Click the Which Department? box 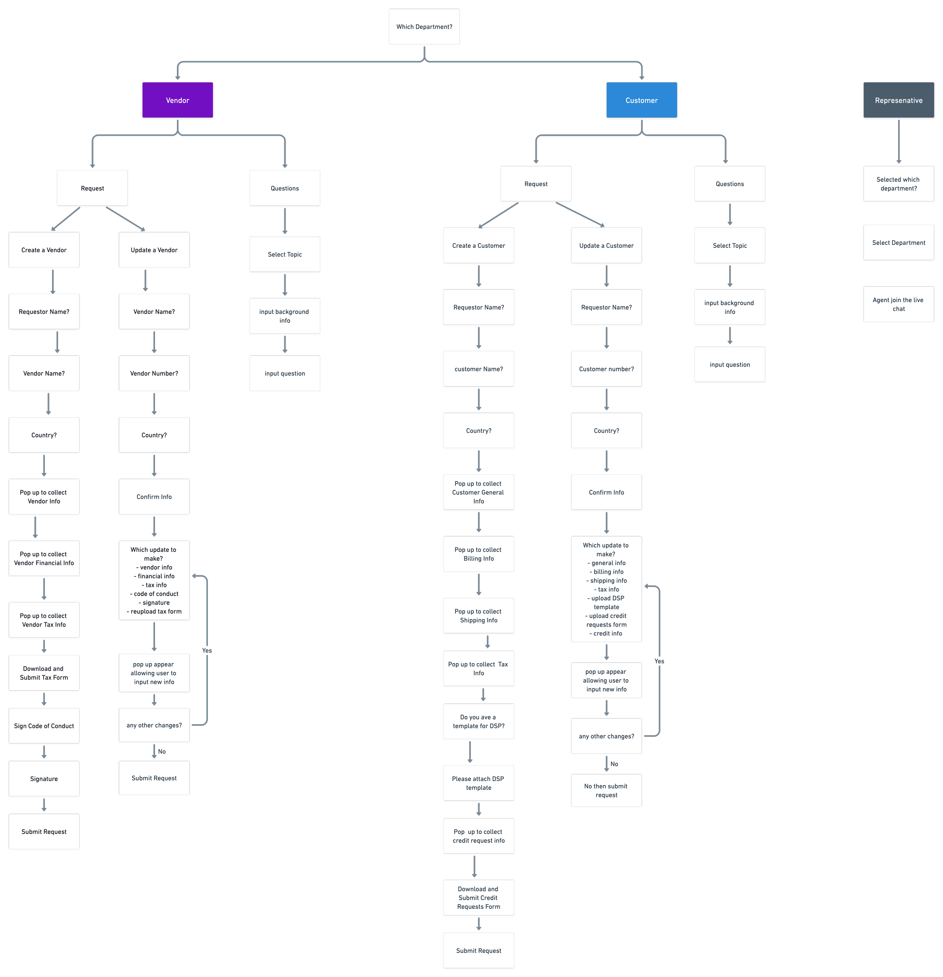424,26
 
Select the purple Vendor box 177,100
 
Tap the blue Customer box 642,100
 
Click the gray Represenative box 898,100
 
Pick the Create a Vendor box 44,250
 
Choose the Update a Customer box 606,245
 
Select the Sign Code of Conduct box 44,725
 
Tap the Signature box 44,778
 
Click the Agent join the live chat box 898,304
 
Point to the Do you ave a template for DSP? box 478,721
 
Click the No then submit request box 606,790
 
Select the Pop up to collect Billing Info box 478,553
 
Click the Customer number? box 606,369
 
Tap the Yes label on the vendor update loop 207,650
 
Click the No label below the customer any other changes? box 614,763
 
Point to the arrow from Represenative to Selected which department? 898,141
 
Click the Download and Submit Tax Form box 44,673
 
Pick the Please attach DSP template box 478,783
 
